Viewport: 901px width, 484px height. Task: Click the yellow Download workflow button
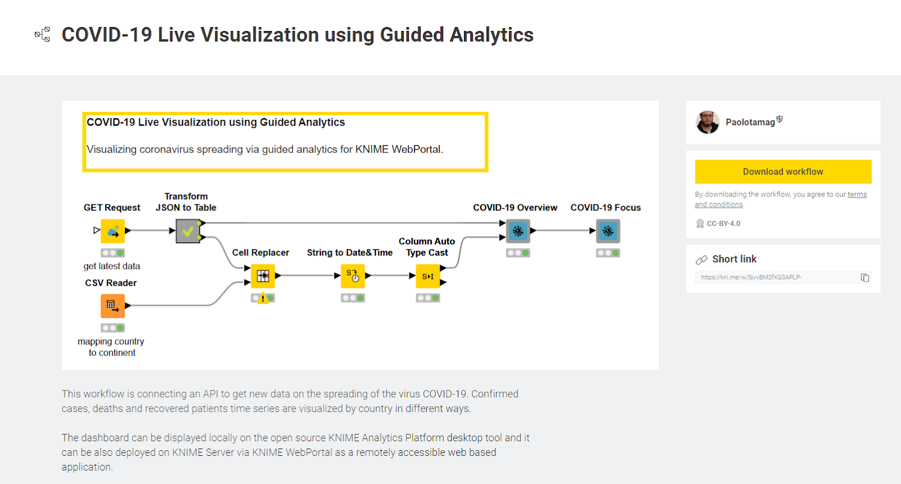[783, 172]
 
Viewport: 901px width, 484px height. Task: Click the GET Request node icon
[113, 231]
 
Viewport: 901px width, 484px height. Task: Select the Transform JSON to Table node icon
[188, 231]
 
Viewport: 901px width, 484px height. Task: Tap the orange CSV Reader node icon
[113, 306]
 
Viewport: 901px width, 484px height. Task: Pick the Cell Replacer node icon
[263, 276]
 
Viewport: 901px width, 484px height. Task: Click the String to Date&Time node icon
[353, 276]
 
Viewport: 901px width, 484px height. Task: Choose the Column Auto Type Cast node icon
[428, 276]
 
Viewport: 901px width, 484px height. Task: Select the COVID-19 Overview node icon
[518, 231]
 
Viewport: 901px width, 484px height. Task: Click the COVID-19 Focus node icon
[608, 231]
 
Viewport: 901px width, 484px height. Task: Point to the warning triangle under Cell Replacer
[262, 299]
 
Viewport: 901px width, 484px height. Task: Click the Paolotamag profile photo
[707, 122]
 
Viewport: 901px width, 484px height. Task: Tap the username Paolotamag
[750, 122]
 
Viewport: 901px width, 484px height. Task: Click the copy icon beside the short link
[865, 277]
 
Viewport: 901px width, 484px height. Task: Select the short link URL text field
[777, 277]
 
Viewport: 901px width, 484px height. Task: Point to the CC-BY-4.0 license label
[723, 223]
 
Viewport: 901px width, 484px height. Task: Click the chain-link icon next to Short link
[702, 259]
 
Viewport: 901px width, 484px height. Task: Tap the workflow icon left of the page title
[43, 34]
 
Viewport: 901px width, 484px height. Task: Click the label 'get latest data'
[111, 266]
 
